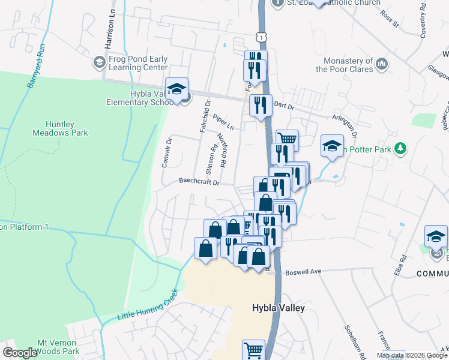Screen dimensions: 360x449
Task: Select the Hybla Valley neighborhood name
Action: tap(277, 308)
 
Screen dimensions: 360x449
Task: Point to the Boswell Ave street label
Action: tap(303, 271)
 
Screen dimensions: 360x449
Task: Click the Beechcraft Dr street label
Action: tap(200, 181)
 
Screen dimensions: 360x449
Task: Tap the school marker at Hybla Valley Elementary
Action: tap(177, 90)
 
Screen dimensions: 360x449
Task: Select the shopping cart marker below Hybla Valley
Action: tap(253, 350)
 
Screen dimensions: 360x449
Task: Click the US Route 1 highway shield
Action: tap(262, 37)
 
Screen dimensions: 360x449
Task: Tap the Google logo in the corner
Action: tap(20, 353)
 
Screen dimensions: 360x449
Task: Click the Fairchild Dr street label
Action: tap(208, 115)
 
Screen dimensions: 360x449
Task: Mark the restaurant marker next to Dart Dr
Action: tap(260, 106)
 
